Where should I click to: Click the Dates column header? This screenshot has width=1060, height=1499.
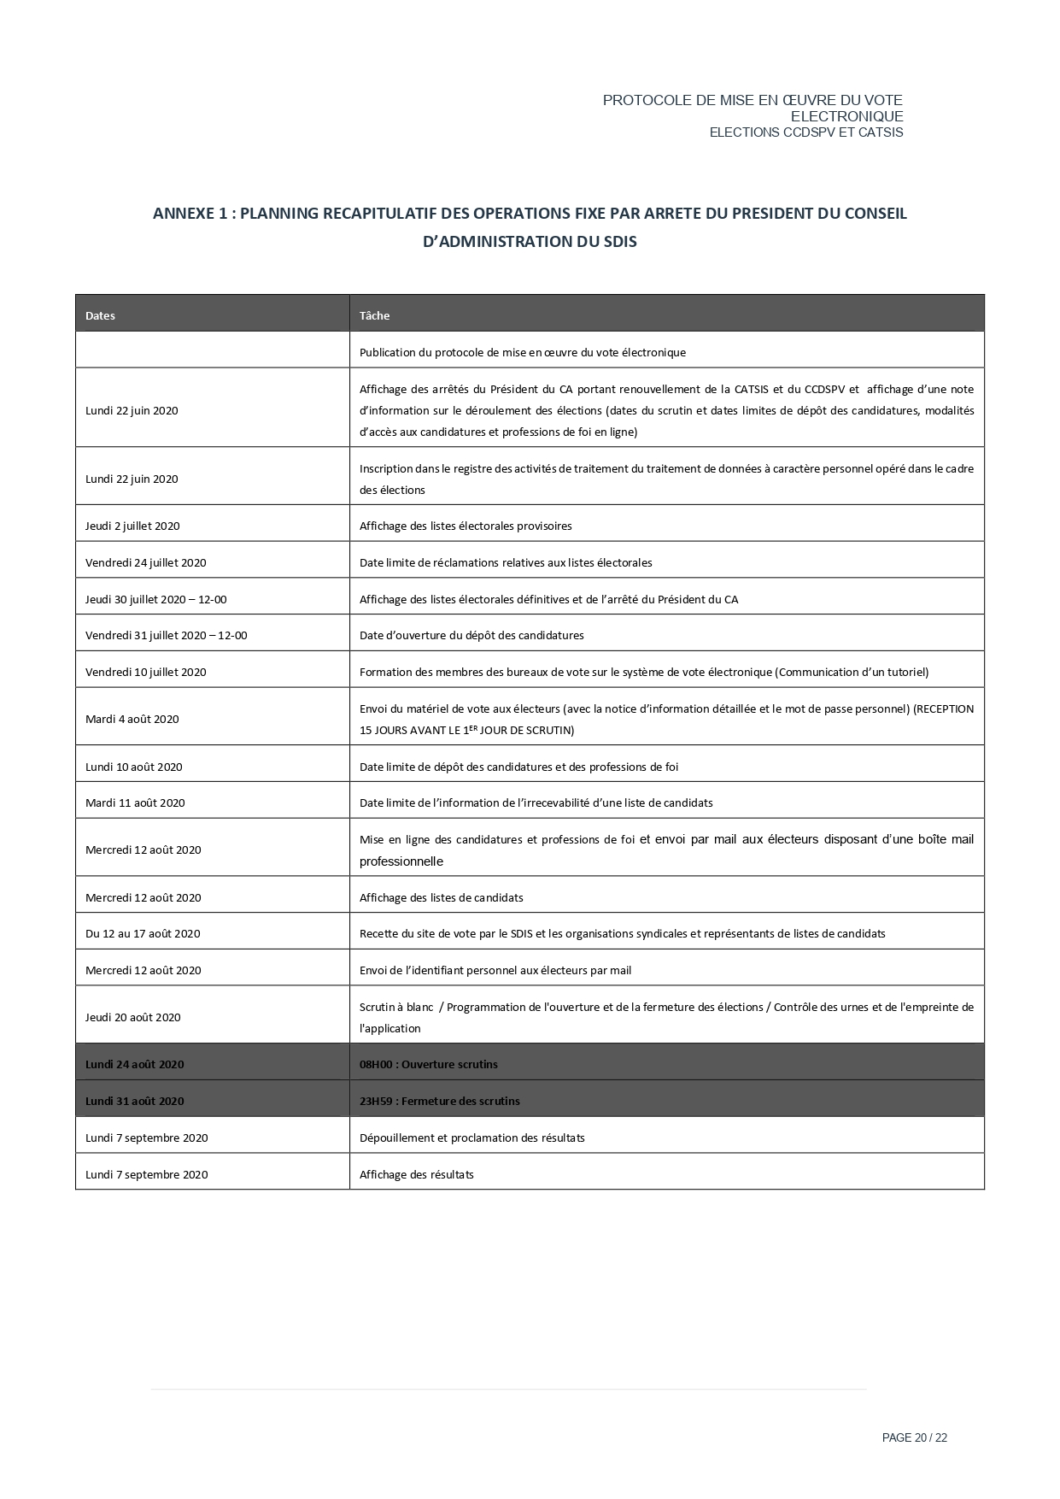(x=100, y=315)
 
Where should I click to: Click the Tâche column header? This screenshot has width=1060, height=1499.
(x=374, y=315)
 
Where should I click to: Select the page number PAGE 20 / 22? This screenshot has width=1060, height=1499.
(x=914, y=1437)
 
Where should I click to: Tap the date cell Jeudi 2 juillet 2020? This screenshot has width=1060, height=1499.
(x=132, y=526)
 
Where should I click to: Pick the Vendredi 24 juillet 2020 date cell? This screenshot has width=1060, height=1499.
(x=145, y=562)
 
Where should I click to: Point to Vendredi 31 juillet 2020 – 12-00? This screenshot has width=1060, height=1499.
(x=166, y=635)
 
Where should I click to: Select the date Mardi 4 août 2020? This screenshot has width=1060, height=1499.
(x=132, y=719)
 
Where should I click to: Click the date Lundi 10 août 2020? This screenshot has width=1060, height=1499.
(x=133, y=767)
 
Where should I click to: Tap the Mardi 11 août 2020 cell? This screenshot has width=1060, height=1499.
(x=135, y=802)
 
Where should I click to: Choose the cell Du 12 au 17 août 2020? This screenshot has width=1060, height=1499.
(x=143, y=933)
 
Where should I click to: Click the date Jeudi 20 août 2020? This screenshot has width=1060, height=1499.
(x=132, y=1017)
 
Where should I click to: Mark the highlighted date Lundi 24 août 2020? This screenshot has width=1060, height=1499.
(x=134, y=1064)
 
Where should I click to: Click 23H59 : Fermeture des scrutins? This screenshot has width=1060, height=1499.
(x=439, y=1101)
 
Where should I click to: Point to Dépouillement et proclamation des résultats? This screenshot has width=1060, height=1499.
(x=471, y=1137)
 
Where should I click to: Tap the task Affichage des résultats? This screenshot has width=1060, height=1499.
(x=416, y=1174)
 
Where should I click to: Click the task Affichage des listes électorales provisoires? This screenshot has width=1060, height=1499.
(x=466, y=526)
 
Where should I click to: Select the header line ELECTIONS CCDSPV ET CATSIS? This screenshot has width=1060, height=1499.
(x=805, y=132)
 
